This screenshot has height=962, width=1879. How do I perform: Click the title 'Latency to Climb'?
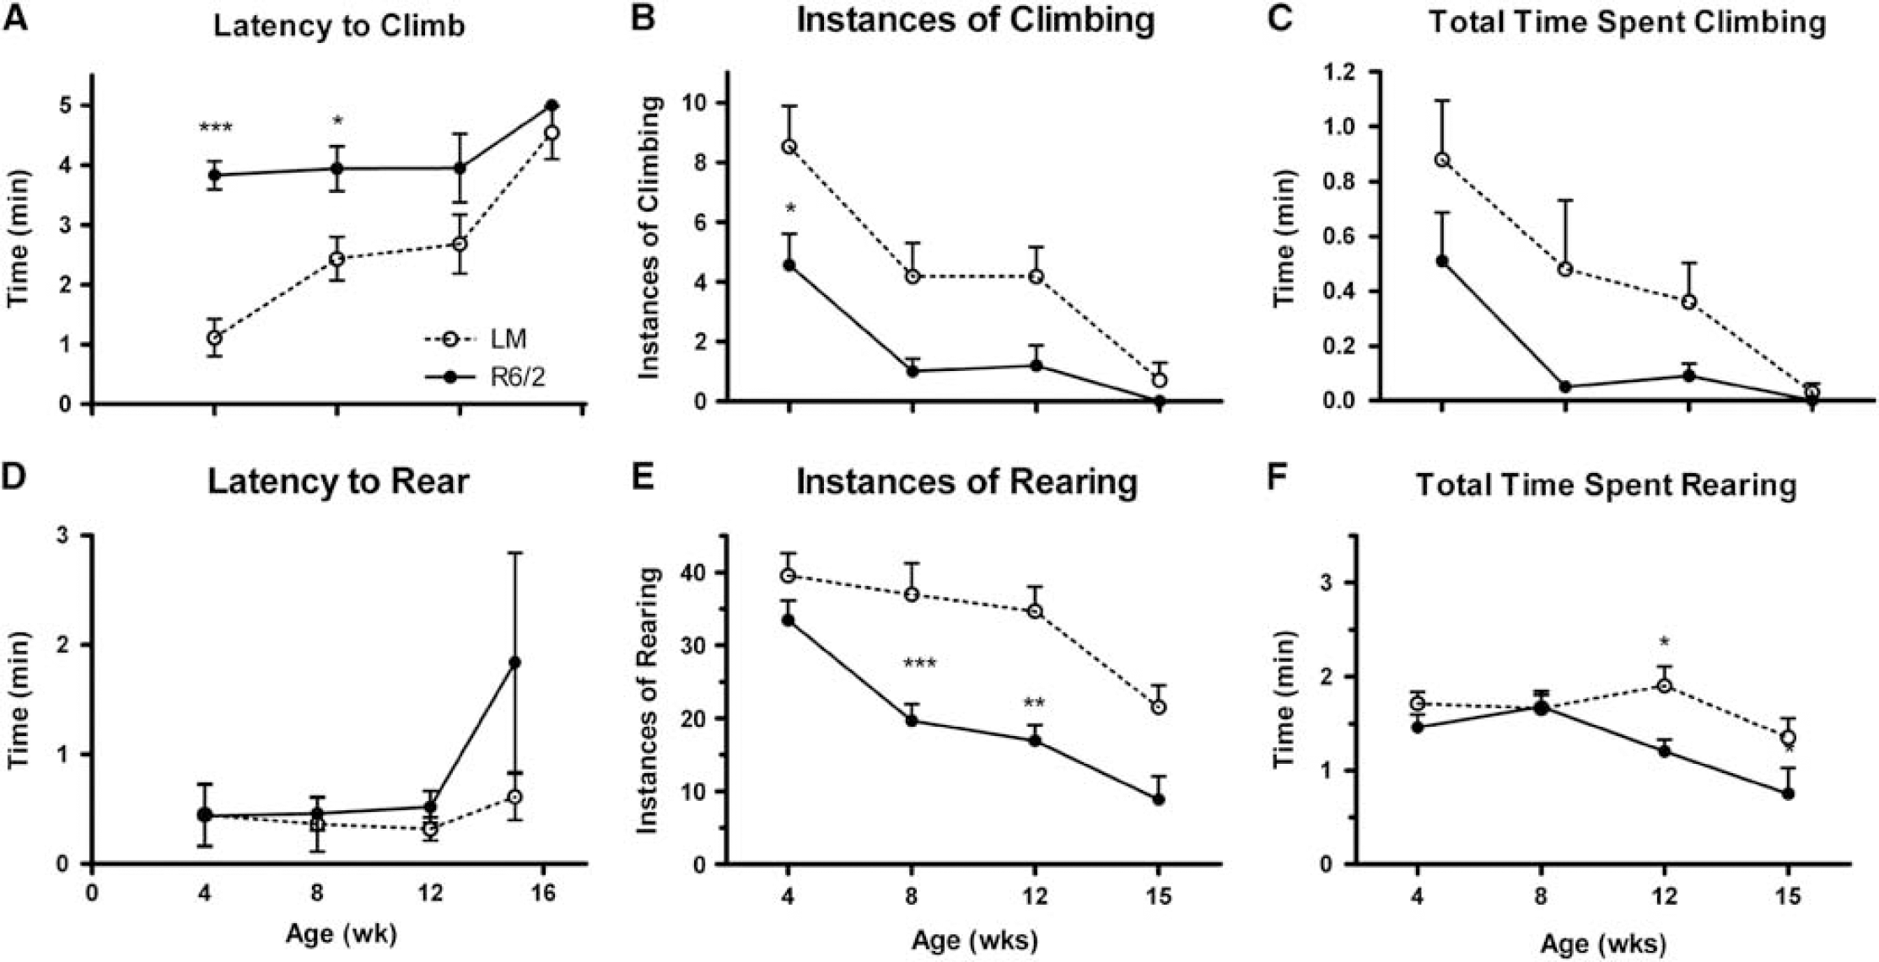[339, 25]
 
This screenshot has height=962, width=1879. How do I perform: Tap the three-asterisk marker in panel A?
[215, 129]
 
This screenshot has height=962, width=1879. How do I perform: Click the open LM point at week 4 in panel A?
[214, 337]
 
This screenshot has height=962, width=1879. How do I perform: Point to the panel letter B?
[643, 19]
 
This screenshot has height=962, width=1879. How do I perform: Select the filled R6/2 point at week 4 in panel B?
[789, 265]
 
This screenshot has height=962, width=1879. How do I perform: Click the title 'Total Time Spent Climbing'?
[1627, 23]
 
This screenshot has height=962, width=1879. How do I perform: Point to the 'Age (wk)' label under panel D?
[341, 934]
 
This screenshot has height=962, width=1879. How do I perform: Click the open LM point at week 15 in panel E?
[1159, 707]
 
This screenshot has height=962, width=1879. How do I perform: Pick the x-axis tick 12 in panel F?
[1664, 895]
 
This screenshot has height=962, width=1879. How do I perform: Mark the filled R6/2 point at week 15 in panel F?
[1787, 793]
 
